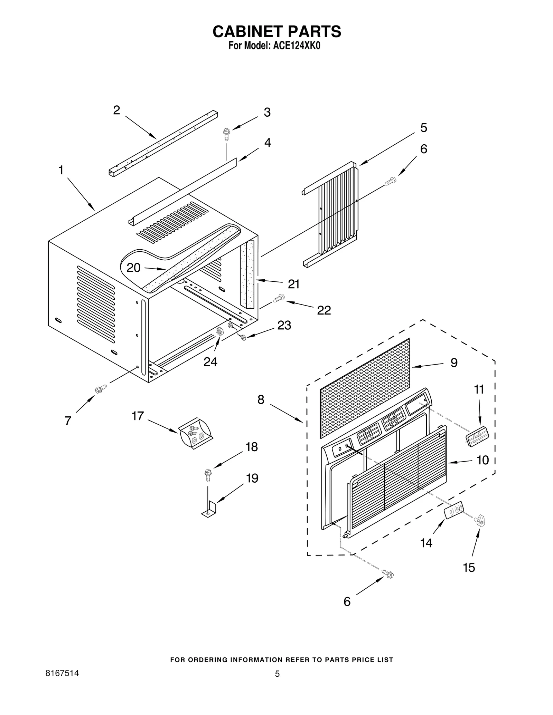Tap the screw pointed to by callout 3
(x=227, y=134)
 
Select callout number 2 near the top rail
(x=117, y=110)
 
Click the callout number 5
(x=424, y=128)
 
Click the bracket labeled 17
(x=195, y=433)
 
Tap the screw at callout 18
(x=208, y=475)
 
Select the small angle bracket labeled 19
(x=209, y=511)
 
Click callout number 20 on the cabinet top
(x=133, y=268)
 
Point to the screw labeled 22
(x=279, y=298)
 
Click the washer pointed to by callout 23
(x=243, y=337)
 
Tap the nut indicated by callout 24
(x=219, y=332)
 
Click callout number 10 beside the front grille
(x=483, y=460)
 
